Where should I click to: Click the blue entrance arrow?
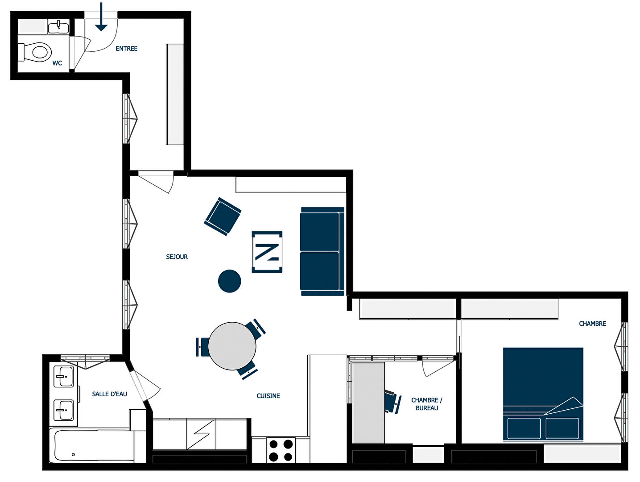click(101, 17)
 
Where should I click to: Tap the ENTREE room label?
click(127, 49)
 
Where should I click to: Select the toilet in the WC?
click(35, 52)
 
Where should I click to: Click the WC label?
click(57, 63)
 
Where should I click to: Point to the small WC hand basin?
click(58, 26)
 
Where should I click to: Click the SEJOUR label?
click(177, 257)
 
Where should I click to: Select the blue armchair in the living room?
click(223, 216)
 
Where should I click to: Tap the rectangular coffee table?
click(267, 252)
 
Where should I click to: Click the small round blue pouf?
click(230, 281)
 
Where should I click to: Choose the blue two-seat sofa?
click(322, 251)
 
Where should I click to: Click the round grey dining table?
click(232, 346)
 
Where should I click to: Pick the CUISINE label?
click(268, 396)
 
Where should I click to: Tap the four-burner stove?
click(281, 450)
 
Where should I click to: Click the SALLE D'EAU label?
click(109, 394)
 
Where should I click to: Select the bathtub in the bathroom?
click(92, 445)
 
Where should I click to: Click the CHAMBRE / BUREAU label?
click(426, 404)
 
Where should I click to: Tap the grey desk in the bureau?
click(368, 403)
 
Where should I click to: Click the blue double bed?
click(543, 394)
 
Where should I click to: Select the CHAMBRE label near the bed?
click(592, 324)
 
